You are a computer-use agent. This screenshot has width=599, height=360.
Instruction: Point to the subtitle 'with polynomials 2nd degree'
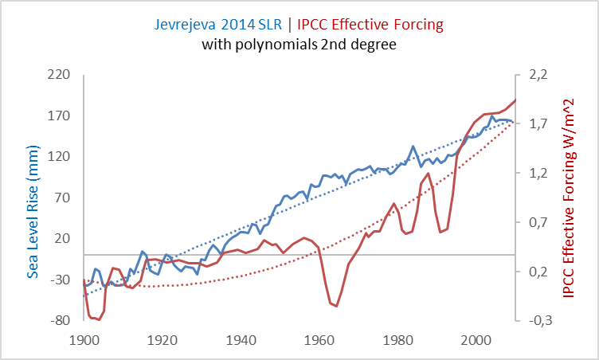[299, 45]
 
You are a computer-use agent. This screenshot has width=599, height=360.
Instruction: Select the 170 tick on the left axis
[61, 115]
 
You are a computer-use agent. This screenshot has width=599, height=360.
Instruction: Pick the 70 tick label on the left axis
[64, 198]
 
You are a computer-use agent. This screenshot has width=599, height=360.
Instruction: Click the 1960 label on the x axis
[319, 338]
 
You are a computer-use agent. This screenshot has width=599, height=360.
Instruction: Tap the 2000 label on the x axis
[476, 338]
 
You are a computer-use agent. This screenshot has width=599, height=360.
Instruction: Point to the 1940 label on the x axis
[241, 338]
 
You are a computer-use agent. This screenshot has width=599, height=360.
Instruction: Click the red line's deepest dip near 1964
[337, 306]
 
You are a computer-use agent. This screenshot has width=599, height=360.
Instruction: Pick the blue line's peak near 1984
[413, 147]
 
